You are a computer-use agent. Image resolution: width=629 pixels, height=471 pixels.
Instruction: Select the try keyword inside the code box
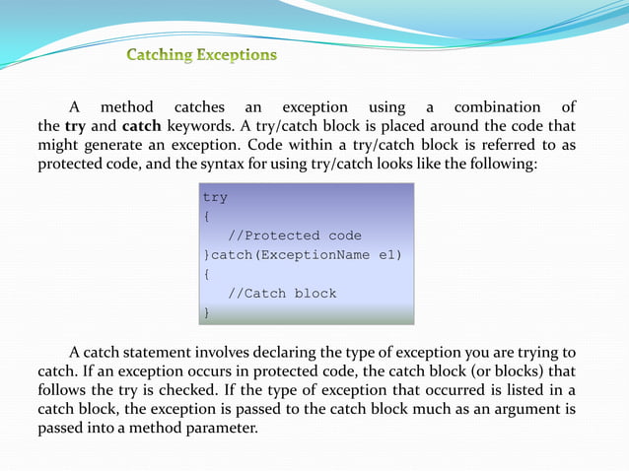tap(215, 197)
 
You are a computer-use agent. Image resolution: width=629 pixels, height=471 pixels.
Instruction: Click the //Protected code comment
tap(294, 235)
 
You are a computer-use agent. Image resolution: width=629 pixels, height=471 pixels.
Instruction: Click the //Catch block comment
tap(281, 293)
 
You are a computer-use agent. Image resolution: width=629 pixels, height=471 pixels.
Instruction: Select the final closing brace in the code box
tap(206, 312)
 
